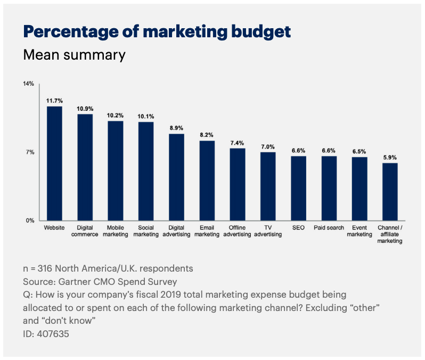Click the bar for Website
point(54,163)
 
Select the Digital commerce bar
point(85,167)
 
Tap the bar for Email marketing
point(207,180)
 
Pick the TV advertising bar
point(268,186)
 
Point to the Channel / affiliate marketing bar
point(390,191)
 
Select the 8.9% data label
point(176,128)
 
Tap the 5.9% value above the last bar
point(390,157)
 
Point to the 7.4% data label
point(238,143)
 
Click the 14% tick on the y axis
point(28,84)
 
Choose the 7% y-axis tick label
point(30,152)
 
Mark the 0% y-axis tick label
point(30,220)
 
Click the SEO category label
point(298,228)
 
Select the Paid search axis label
point(329,228)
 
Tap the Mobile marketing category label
point(116,231)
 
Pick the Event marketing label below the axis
point(359,231)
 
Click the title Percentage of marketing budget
point(157,31)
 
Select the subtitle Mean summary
point(75,55)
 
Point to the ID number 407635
point(54,334)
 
